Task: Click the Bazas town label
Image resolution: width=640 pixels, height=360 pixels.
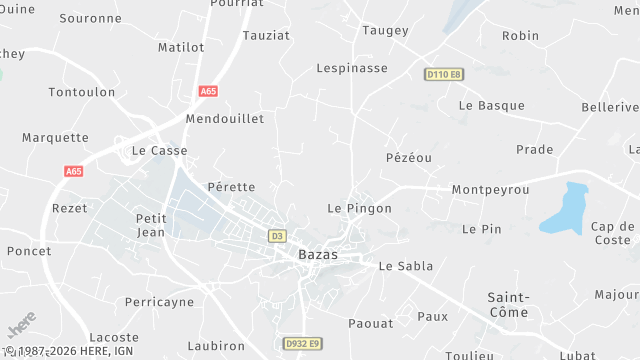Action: [x=318, y=255]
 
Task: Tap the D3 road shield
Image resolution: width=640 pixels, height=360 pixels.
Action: [x=277, y=236]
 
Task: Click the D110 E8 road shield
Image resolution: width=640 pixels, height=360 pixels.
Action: [x=443, y=74]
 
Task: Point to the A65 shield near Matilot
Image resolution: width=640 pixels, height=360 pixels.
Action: [x=208, y=91]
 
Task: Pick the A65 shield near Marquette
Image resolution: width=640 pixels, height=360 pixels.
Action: [x=73, y=171]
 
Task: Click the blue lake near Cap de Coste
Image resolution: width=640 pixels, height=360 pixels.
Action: [x=564, y=208]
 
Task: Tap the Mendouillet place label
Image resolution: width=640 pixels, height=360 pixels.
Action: [x=225, y=118]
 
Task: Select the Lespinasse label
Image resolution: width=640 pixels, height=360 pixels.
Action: [x=351, y=68]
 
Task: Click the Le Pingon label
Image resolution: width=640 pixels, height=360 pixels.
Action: [x=359, y=208]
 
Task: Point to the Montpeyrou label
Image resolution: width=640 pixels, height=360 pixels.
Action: [x=490, y=190]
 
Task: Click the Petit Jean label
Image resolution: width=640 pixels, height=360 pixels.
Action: [x=150, y=225]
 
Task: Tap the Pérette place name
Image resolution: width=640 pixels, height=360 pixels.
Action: [x=231, y=187]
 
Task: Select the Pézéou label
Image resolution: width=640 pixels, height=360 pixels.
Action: [x=408, y=158]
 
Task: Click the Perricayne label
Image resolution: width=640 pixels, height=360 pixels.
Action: [x=159, y=302]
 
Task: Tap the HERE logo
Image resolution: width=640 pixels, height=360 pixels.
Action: [x=21, y=329]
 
